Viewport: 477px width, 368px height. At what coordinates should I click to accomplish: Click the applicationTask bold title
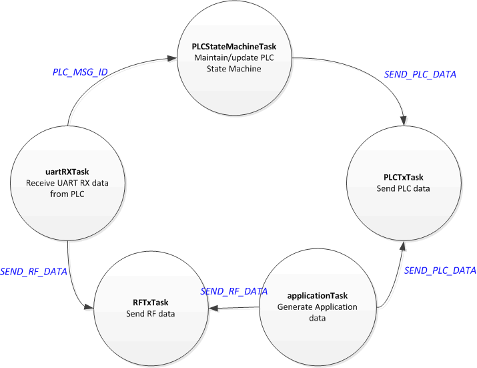coord(317,295)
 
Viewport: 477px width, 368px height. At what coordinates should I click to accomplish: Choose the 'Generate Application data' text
coord(317,312)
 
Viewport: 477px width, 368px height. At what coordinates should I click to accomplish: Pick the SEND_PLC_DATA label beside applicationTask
coord(440,270)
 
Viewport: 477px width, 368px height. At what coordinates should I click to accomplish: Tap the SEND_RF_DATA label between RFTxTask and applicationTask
coord(234,292)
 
